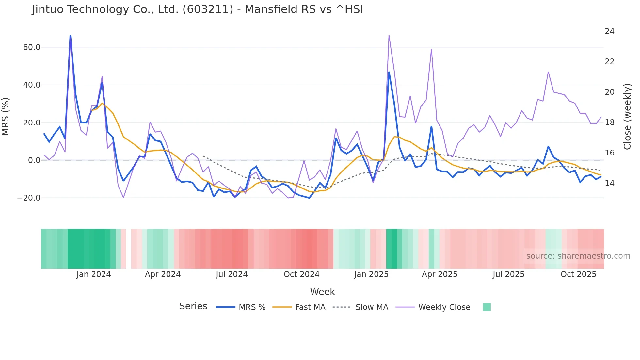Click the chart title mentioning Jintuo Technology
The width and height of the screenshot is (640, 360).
[197, 9]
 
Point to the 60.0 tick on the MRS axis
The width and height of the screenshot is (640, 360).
[32, 47]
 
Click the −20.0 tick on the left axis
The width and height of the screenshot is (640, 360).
[29, 198]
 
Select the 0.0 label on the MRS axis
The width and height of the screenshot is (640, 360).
[34, 160]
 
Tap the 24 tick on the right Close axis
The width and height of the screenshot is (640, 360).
[609, 31]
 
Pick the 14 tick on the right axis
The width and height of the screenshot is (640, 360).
[609, 183]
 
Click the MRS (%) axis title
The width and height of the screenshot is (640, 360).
[6, 116]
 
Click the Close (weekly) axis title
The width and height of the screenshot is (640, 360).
[627, 117]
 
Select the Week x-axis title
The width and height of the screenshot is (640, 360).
[322, 292]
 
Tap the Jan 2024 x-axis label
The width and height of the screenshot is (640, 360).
[94, 274]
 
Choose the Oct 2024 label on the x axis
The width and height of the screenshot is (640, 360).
[301, 274]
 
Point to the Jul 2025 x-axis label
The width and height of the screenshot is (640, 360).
[508, 274]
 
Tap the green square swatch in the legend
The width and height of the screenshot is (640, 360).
[487, 307]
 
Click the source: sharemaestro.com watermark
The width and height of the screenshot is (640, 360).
[578, 256]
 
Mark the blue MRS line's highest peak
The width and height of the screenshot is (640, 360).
[70, 36]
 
